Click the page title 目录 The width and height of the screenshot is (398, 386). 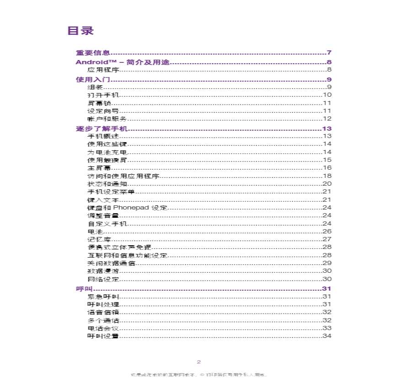tap(81, 31)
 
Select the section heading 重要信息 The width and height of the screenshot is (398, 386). tap(90, 53)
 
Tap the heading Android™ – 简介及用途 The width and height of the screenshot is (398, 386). tap(123, 62)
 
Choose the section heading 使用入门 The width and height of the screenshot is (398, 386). tap(90, 80)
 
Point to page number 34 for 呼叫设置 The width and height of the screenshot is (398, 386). tap(327, 336)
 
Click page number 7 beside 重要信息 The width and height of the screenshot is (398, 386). tap(329, 53)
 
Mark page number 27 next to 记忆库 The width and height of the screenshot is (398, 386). tap(327, 239)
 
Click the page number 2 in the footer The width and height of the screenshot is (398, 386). tap(199, 362)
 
